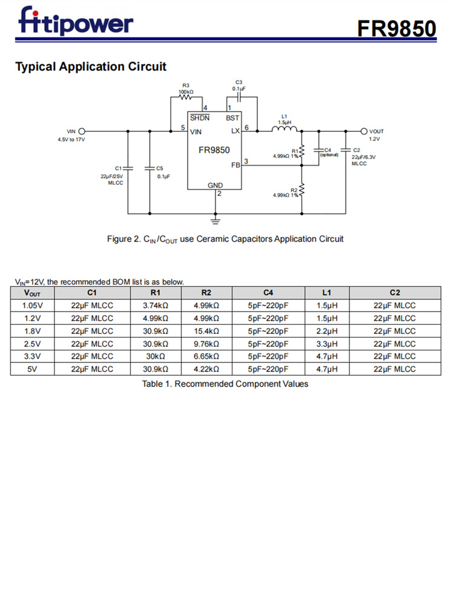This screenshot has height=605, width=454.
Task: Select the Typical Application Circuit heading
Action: tap(90, 67)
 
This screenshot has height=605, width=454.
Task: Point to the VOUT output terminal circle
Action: tap(364, 131)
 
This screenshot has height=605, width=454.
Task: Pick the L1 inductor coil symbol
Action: tap(284, 129)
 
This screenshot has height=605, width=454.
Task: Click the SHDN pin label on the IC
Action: tap(200, 117)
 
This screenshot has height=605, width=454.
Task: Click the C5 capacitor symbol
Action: tap(150, 169)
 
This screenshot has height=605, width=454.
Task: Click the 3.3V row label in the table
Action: tap(32, 356)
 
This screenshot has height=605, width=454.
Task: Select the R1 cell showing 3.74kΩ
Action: tap(155, 306)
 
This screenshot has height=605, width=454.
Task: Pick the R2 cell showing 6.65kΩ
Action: tap(206, 356)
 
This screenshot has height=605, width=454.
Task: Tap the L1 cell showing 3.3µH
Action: tap(327, 344)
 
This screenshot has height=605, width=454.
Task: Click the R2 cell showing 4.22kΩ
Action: tap(206, 369)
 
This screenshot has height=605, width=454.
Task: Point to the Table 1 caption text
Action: tap(225, 384)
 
